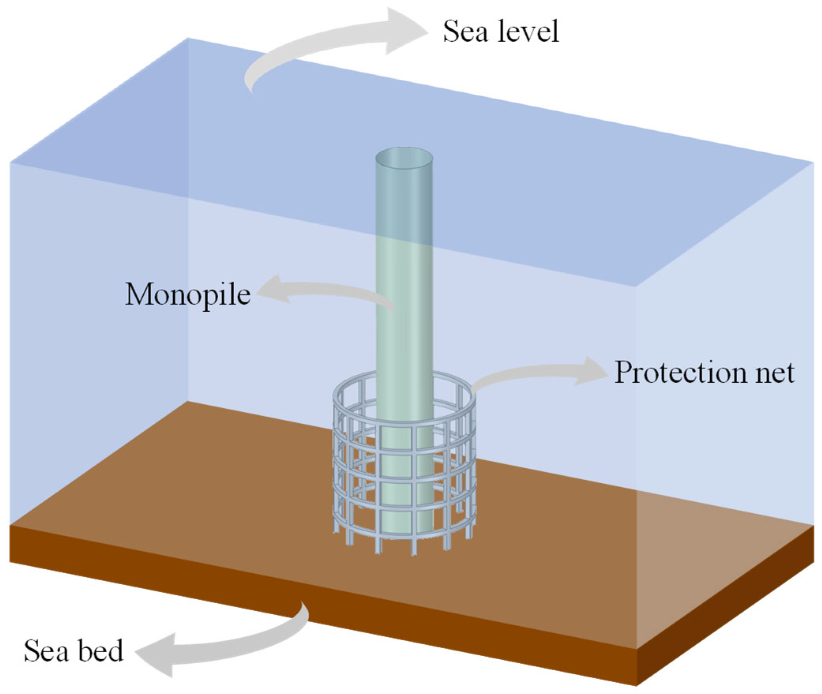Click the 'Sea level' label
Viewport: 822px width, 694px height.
(x=501, y=32)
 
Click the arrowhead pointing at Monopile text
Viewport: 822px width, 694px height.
(x=272, y=290)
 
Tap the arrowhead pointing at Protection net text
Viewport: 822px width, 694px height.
(x=590, y=371)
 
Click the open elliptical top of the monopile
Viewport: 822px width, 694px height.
(x=404, y=158)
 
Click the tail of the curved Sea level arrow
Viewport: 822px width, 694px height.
(x=249, y=85)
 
